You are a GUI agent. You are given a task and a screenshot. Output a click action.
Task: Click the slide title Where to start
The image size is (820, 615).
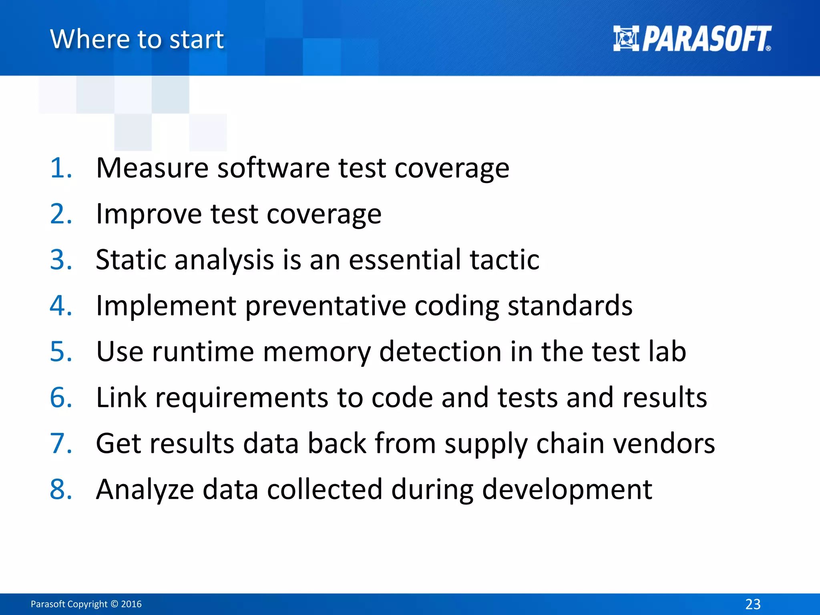137,39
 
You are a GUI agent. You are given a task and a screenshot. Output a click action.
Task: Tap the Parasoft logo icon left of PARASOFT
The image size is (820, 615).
626,38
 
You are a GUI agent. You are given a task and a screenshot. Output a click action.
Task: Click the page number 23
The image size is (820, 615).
753,604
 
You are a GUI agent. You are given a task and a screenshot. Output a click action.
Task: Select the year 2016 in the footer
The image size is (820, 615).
131,604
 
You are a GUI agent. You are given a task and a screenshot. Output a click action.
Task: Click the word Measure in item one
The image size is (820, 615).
152,168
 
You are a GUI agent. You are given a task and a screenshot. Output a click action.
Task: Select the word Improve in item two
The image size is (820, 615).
149,214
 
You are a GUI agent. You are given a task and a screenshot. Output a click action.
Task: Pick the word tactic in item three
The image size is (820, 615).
504,260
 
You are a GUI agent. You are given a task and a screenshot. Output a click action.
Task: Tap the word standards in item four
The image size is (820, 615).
570,306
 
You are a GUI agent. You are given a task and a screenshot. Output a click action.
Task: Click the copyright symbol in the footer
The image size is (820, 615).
114,604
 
